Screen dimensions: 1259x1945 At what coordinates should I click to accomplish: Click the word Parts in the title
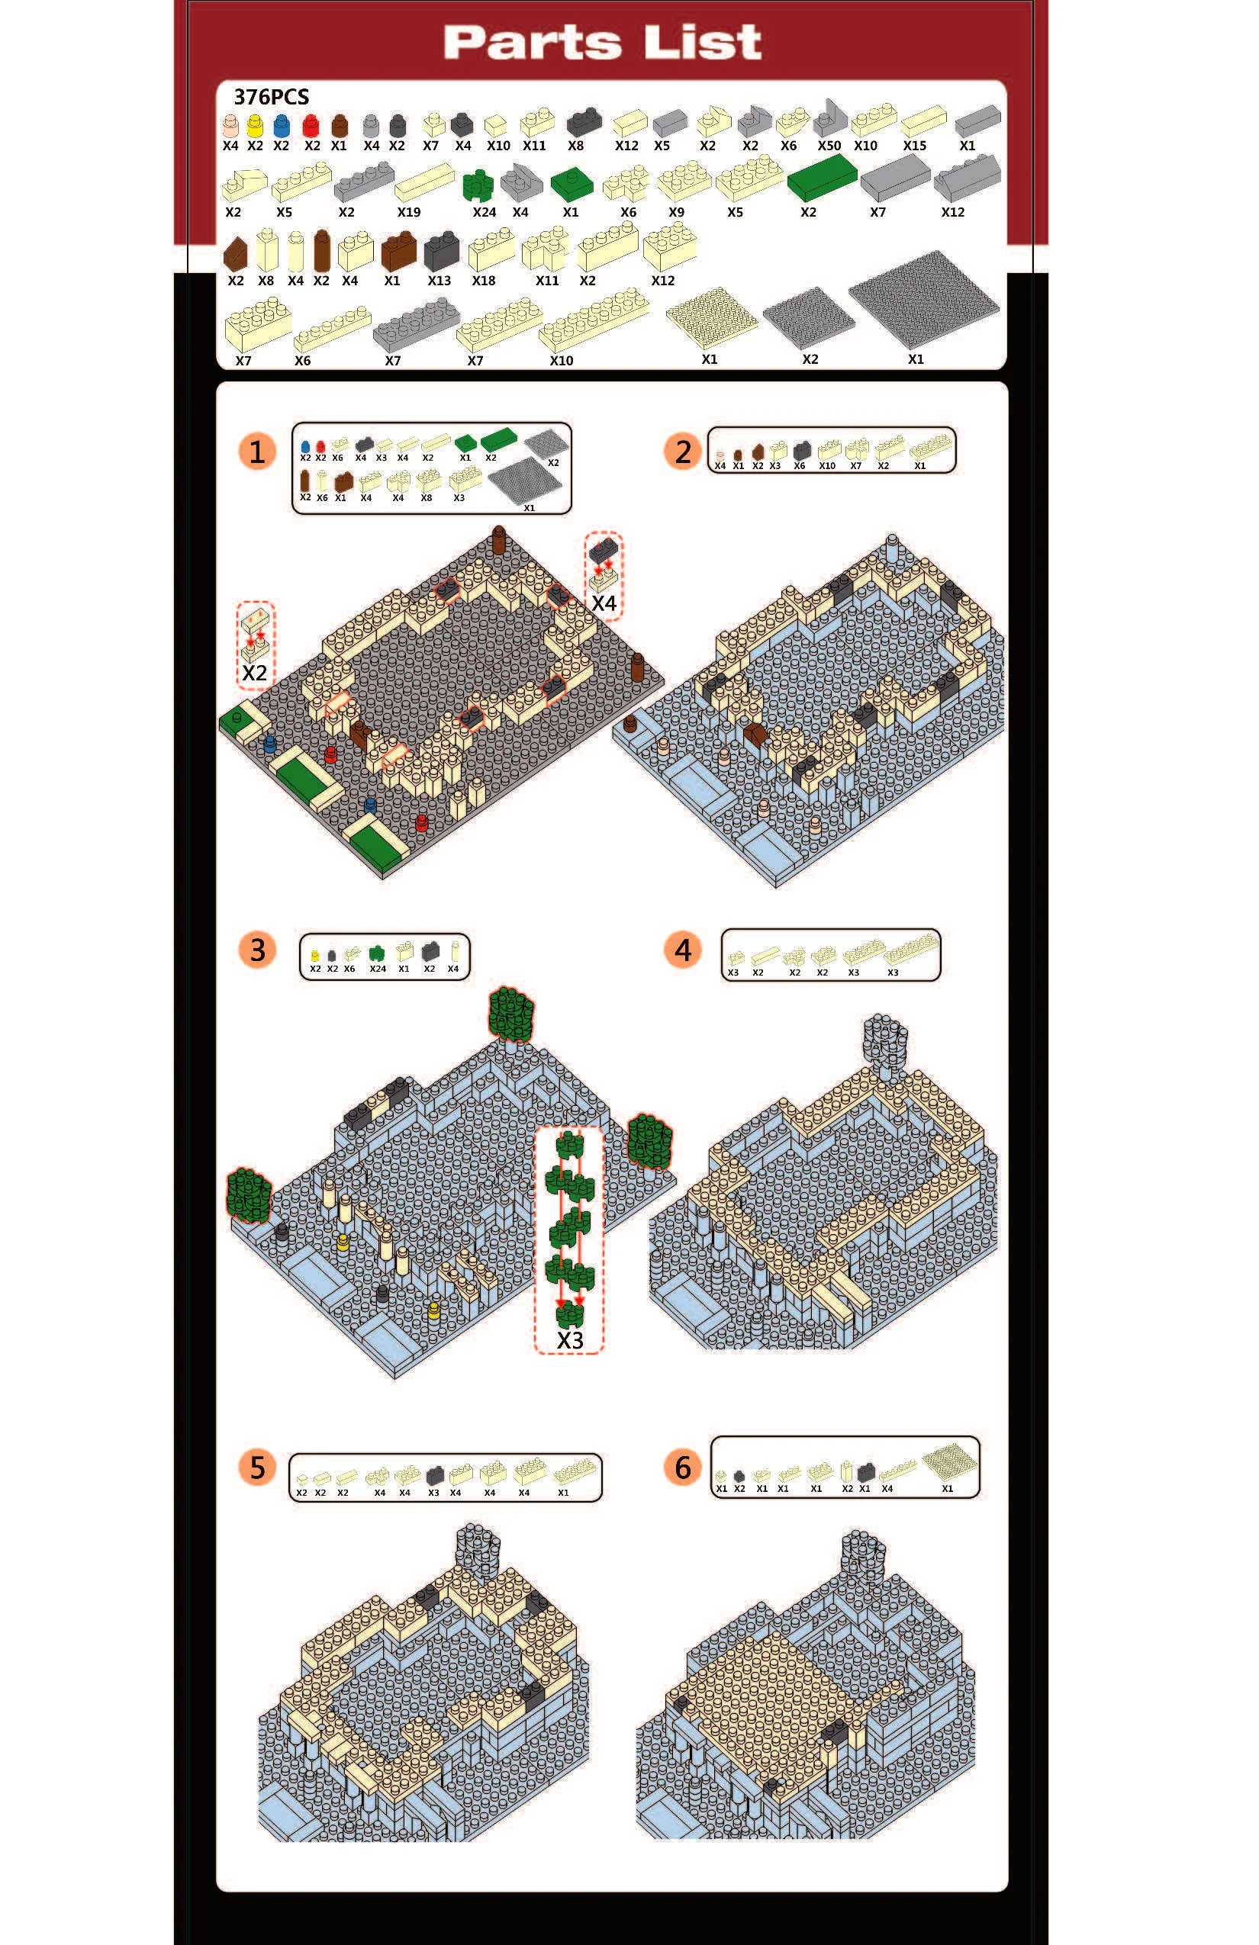(x=533, y=43)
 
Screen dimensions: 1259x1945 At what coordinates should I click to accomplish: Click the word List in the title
(x=703, y=43)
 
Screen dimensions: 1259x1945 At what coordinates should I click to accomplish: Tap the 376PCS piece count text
(x=272, y=98)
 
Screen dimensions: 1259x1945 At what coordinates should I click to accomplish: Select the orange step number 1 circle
(x=256, y=452)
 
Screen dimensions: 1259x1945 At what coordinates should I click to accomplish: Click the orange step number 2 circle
(x=683, y=452)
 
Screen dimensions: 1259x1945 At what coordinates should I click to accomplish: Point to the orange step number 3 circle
(x=256, y=950)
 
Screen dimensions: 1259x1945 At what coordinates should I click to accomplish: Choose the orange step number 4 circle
(x=683, y=950)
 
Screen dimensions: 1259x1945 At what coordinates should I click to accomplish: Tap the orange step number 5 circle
(x=256, y=1467)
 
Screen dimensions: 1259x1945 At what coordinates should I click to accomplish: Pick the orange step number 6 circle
(x=683, y=1467)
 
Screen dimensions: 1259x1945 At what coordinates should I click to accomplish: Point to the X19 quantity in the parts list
(x=409, y=213)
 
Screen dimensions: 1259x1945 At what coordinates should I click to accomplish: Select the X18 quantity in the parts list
(x=483, y=281)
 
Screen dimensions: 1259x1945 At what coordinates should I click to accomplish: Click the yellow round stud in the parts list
(x=255, y=125)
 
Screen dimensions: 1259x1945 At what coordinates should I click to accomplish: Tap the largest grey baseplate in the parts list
(x=924, y=299)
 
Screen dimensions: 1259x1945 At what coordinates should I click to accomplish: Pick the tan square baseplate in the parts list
(x=711, y=317)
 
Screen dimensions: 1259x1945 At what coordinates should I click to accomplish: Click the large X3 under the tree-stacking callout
(x=570, y=1340)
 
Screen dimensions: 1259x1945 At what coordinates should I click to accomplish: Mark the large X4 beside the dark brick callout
(x=604, y=603)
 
